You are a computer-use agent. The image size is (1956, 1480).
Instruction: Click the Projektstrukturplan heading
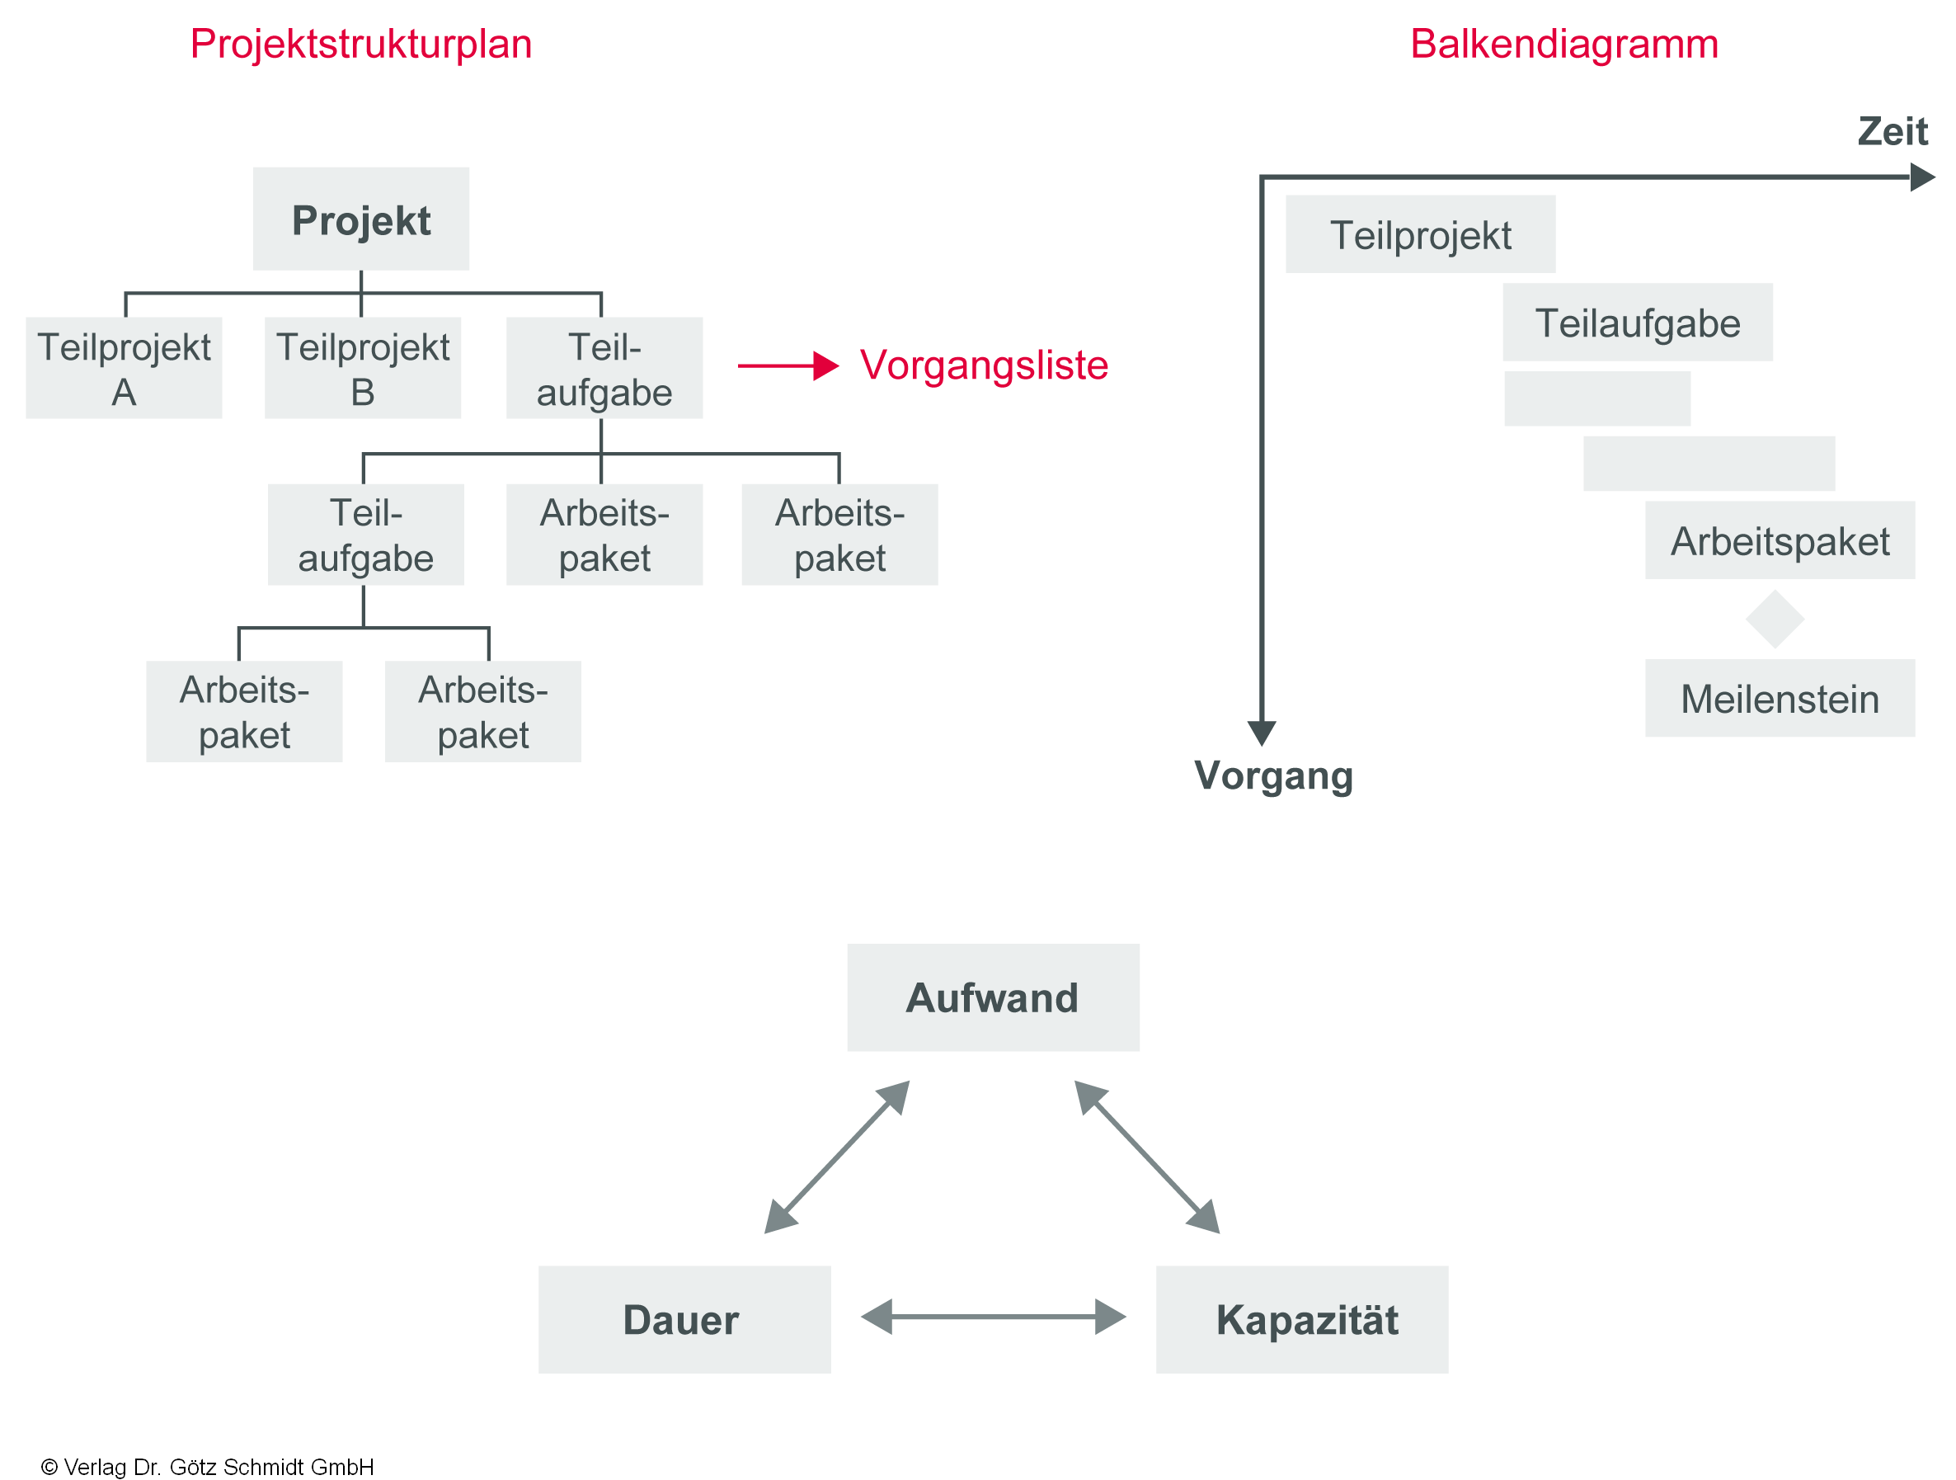pyautogui.click(x=361, y=45)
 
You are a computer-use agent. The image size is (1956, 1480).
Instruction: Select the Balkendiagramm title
pyautogui.click(x=1563, y=45)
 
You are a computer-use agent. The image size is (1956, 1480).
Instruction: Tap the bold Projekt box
pyautogui.click(x=361, y=219)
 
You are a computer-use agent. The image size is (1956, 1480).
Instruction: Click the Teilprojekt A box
pyautogui.click(x=124, y=368)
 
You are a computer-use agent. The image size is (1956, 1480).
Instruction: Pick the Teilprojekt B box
pyautogui.click(x=363, y=368)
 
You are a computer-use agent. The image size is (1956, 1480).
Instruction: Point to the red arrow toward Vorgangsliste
pyautogui.click(x=787, y=365)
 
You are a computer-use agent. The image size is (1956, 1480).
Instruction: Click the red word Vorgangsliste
pyautogui.click(x=983, y=365)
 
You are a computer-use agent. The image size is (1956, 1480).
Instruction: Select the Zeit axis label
pyautogui.click(x=1892, y=132)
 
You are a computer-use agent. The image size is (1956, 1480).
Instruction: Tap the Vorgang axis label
pyautogui.click(x=1272, y=775)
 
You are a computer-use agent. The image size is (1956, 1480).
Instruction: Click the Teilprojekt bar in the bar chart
pyautogui.click(x=1420, y=234)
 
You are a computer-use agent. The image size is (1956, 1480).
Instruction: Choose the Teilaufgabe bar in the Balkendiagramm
pyautogui.click(x=1637, y=322)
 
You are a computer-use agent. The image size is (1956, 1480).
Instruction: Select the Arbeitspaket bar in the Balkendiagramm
pyautogui.click(x=1780, y=540)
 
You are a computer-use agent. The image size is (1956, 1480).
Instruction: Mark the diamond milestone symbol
pyautogui.click(x=1774, y=620)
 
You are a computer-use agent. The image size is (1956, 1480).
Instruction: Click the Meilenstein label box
pyautogui.click(x=1780, y=698)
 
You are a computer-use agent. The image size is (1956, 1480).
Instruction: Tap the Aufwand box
pyautogui.click(x=992, y=997)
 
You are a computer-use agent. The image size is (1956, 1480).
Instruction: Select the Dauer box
pyautogui.click(x=684, y=1319)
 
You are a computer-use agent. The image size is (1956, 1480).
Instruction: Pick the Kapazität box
pyautogui.click(x=1300, y=1319)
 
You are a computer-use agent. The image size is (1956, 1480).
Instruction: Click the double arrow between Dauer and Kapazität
pyautogui.click(x=992, y=1317)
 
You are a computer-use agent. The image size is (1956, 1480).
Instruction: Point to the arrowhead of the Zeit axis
pyautogui.click(x=1921, y=177)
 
